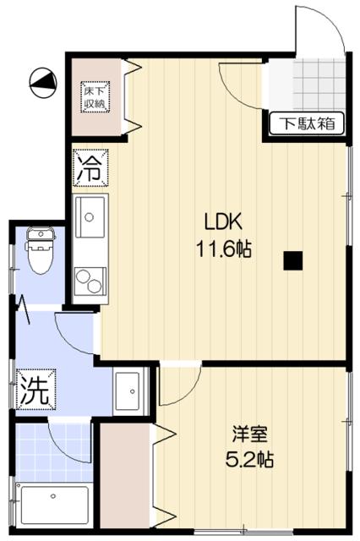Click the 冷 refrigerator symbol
pyautogui.click(x=90, y=167)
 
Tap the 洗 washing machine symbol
pyautogui.click(x=35, y=390)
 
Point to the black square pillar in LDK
pyautogui.click(x=292, y=260)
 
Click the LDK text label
pyautogui.click(x=223, y=222)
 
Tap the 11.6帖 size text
pyautogui.click(x=224, y=249)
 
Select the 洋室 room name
pyautogui.click(x=251, y=436)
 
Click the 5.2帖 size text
pyautogui.click(x=251, y=462)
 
